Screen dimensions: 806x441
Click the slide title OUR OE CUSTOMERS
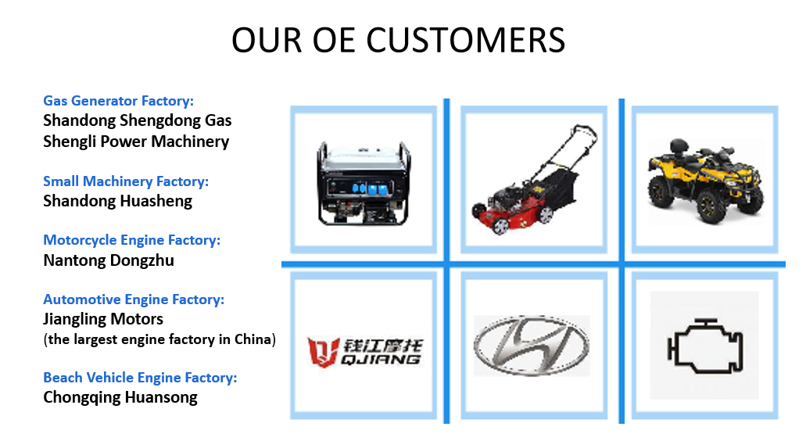399,40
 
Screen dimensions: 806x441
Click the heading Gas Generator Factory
118,101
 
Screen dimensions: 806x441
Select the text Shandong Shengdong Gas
138,120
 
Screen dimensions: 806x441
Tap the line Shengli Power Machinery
136,142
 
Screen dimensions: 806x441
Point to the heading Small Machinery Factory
126,181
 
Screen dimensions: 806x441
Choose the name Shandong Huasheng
118,201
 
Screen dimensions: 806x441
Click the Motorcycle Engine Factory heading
131,240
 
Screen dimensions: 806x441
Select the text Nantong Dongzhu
109,260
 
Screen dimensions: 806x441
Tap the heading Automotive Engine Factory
134,299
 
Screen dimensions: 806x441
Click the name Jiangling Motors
103,319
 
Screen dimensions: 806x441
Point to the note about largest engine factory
159,340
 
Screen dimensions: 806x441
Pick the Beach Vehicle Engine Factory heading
140,378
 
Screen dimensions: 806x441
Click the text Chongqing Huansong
120,397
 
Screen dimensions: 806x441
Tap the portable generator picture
364,183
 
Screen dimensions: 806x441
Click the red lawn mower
535,179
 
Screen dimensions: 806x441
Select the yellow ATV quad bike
705,180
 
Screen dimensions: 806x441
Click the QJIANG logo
364,353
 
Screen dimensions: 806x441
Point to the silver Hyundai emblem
532,346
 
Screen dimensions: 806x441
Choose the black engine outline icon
705,346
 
